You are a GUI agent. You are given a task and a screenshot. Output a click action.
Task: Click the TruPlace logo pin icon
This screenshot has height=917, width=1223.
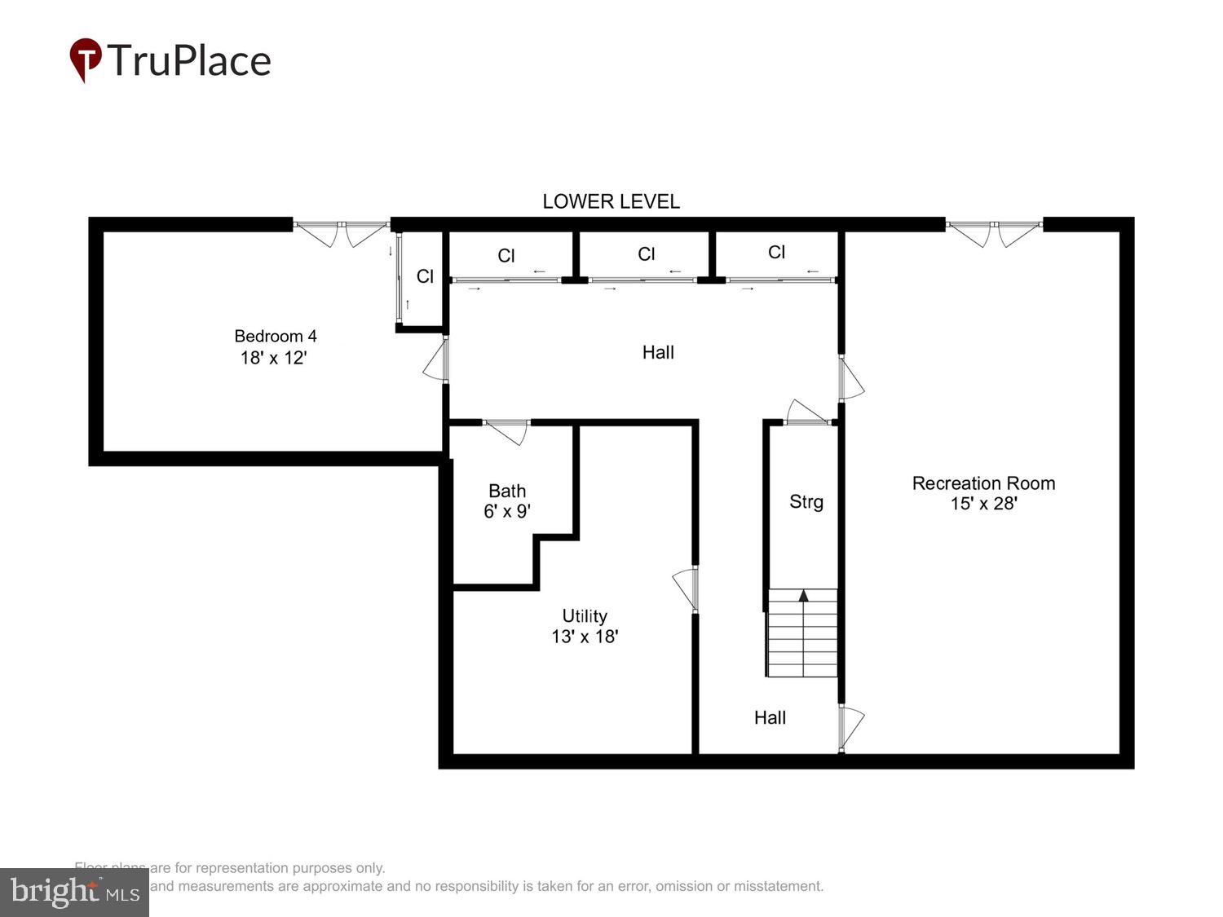85,59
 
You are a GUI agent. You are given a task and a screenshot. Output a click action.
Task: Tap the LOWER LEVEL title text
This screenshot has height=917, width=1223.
611,201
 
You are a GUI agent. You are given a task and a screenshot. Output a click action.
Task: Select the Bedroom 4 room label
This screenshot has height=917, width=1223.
275,336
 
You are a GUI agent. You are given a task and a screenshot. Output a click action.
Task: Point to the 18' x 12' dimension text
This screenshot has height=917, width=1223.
273,358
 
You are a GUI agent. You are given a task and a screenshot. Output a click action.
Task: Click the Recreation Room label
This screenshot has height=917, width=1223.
983,483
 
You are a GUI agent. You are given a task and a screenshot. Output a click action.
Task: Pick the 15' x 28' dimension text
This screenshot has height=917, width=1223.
983,504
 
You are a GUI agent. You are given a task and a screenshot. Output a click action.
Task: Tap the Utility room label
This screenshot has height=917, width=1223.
585,616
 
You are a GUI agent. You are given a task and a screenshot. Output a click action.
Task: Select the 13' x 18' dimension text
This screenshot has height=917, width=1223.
585,637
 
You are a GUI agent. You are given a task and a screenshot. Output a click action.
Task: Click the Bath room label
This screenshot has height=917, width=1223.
507,491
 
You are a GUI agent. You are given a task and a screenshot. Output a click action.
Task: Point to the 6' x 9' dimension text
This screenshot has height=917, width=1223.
507,511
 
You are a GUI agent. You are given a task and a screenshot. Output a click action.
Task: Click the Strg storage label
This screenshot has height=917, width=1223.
806,501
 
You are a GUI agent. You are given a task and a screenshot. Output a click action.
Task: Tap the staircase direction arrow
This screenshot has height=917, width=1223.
803,596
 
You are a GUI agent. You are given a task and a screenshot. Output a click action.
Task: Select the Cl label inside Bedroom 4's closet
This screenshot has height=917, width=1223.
425,276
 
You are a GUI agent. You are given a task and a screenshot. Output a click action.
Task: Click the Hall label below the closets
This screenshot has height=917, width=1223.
658,352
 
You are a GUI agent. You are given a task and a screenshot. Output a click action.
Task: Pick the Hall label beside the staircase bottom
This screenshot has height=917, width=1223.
770,717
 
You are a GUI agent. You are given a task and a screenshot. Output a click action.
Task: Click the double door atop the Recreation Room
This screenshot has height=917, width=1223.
994,232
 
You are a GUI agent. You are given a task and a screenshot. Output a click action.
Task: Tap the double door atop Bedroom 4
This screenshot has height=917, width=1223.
342,232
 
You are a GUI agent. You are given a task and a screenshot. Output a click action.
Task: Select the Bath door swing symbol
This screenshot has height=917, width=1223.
506,430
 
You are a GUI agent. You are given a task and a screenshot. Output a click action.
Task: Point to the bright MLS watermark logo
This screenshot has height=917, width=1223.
74,893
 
